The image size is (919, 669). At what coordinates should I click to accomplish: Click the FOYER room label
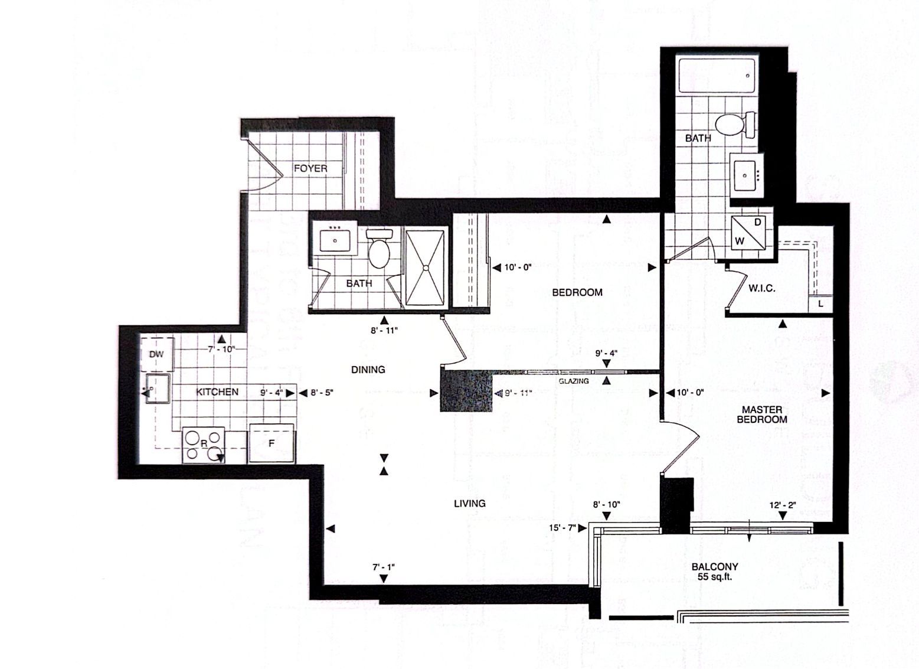click(310, 168)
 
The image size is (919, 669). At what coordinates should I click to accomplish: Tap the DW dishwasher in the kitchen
click(157, 354)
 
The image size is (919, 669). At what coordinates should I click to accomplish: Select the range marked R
click(204, 445)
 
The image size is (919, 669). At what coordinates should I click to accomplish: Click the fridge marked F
click(272, 443)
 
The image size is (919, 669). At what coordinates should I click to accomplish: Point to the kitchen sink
click(158, 389)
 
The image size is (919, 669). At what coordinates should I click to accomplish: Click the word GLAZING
click(574, 381)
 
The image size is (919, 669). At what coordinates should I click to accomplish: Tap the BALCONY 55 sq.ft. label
click(715, 572)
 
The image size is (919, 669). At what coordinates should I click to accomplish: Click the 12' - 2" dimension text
click(783, 505)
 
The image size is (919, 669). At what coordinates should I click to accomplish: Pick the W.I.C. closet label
click(762, 289)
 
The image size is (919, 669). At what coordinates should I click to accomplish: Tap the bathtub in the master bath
click(717, 76)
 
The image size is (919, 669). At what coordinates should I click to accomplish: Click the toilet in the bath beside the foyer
click(379, 249)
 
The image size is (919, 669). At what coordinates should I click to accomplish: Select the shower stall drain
click(426, 268)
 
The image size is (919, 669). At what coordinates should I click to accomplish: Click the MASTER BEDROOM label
click(762, 415)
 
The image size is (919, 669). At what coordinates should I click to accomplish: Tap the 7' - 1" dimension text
click(384, 567)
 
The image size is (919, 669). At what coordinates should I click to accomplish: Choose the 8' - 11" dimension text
click(384, 331)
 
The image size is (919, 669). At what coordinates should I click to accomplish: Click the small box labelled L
click(820, 304)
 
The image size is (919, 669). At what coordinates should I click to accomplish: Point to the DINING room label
click(368, 370)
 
